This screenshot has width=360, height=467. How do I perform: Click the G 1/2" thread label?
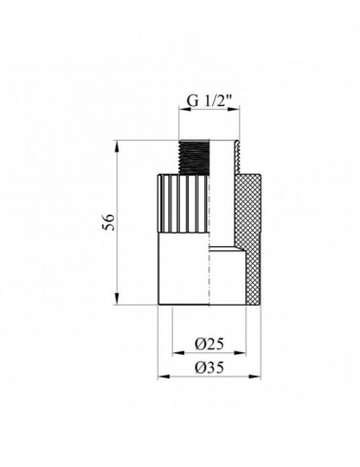pyautogui.click(x=209, y=101)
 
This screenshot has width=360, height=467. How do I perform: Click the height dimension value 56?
pyautogui.click(x=111, y=222)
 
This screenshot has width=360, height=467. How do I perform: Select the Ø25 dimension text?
pyautogui.click(x=209, y=344)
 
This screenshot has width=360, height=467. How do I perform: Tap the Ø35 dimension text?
pyautogui.click(x=209, y=368)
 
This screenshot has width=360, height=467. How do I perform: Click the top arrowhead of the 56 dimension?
pyautogui.click(x=117, y=146)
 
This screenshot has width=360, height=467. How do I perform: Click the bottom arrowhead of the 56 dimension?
pyautogui.click(x=117, y=299)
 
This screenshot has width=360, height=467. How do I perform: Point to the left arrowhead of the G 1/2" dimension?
pyautogui.click(x=185, y=110)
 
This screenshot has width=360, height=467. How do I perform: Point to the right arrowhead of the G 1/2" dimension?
pyautogui.click(x=234, y=110)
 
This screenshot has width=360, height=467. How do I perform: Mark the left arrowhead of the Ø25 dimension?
pyautogui.click(x=178, y=353)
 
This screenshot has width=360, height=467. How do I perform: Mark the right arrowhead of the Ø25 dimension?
pyautogui.click(x=240, y=353)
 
